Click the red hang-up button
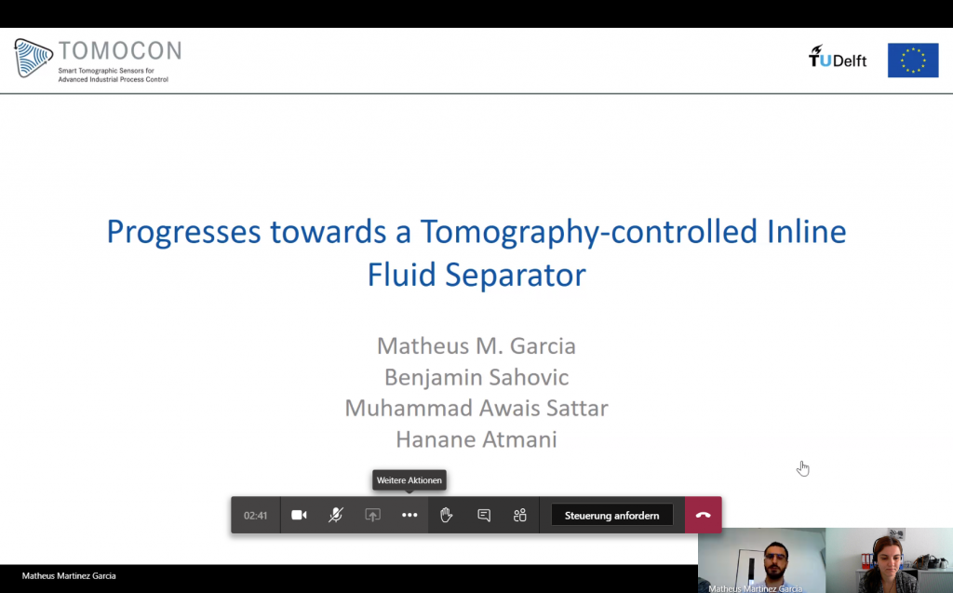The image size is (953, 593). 704,515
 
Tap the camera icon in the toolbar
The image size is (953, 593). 299,515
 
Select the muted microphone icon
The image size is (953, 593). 335,515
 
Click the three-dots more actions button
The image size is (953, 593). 409,515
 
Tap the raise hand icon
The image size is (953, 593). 446,515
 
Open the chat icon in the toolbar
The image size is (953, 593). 484,516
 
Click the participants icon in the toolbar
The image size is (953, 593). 519,515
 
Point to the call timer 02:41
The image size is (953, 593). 255,516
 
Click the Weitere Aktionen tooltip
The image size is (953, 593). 409,479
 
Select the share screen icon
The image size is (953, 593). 372,515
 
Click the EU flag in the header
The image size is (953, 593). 913,61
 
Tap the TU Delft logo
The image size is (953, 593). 838,57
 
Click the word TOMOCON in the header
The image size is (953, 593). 120,50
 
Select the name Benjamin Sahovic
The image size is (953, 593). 476,378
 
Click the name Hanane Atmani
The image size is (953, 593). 476,439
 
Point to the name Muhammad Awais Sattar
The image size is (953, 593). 476,408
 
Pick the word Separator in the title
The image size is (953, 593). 516,276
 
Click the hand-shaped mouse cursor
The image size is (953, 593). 803,468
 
